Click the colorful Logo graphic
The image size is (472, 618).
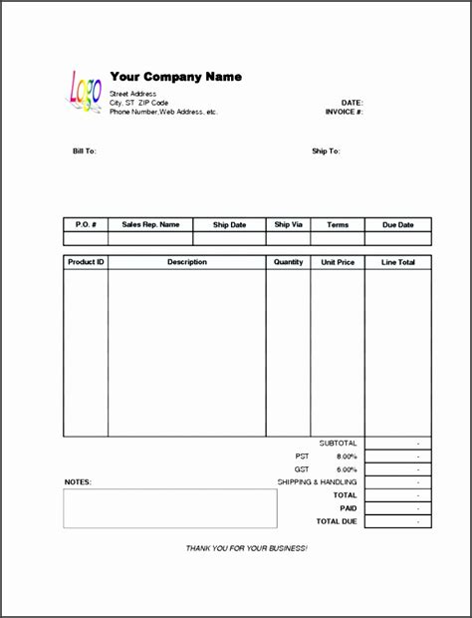86,90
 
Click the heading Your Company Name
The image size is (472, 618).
175,77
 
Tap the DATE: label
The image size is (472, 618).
353,103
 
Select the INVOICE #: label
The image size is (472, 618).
344,112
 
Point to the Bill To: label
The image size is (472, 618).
84,152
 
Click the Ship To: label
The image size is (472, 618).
326,152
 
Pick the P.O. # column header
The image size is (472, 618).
86,225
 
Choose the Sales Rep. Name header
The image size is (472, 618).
150,225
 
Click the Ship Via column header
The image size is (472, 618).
288,225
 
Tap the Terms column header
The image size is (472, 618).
338,225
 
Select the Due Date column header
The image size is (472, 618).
398,225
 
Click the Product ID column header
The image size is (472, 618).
86,262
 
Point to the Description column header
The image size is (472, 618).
187,262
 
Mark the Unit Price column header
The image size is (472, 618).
338,262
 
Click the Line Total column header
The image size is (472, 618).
398,262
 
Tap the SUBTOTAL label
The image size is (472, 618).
338,443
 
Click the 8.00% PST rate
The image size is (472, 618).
347,456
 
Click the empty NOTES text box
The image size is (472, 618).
170,507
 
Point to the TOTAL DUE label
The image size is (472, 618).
337,520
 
